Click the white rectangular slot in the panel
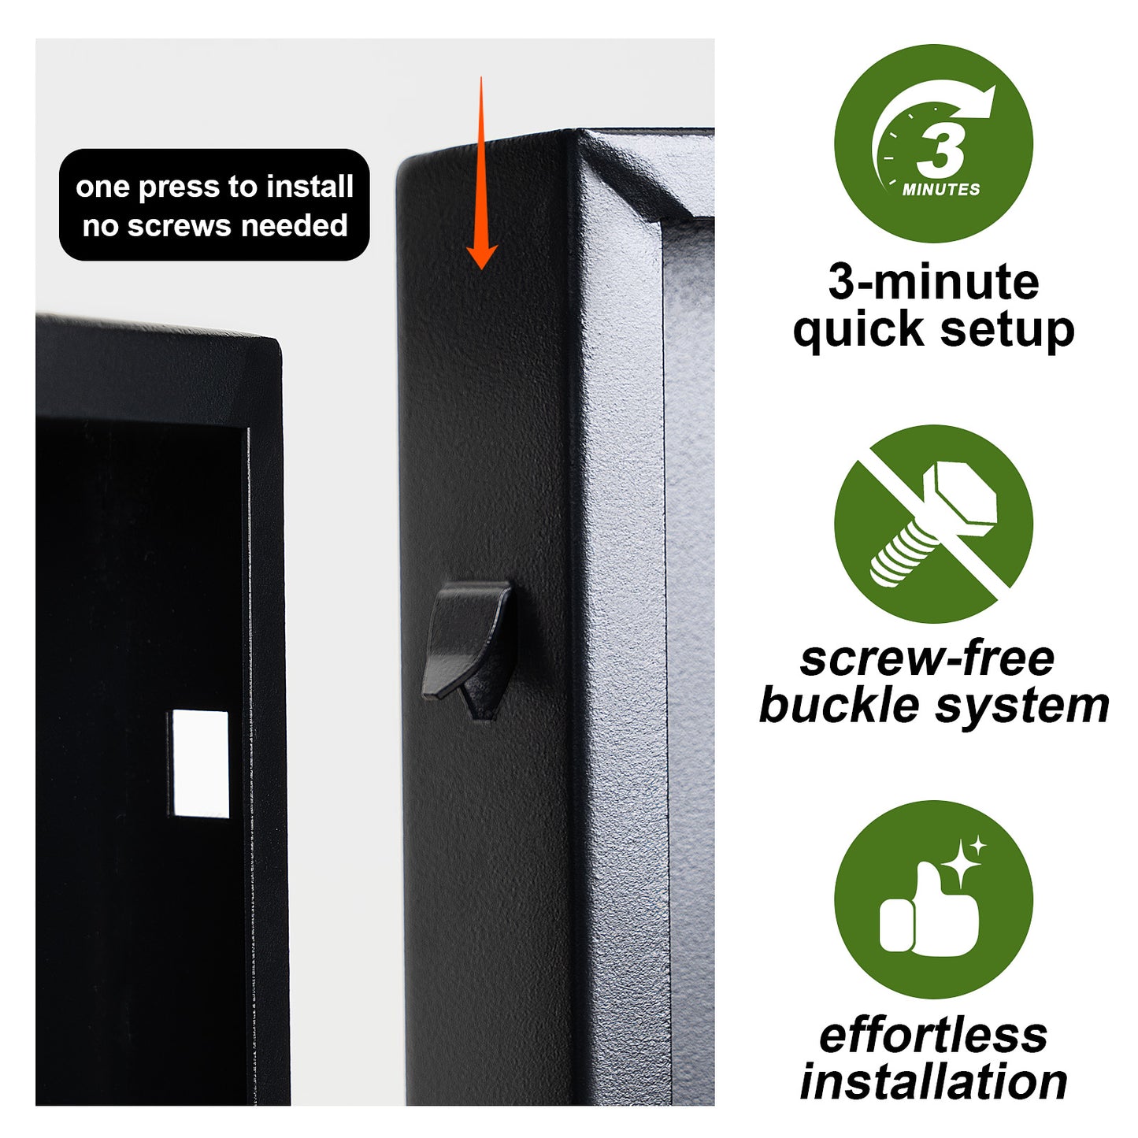tap(199, 764)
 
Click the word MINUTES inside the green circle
tap(941, 190)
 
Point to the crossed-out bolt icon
tap(933, 524)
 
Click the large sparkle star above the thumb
tap(961, 864)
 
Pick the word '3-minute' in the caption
tap(933, 282)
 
